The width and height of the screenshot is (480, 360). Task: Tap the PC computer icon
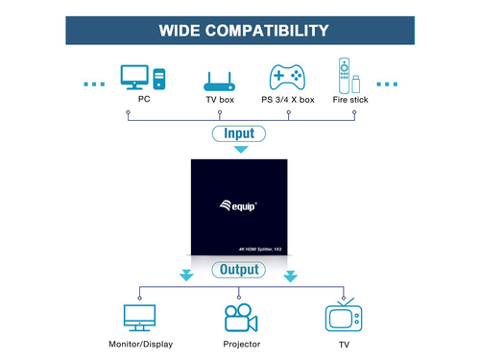point(142,76)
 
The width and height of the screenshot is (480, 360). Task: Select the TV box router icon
point(219,80)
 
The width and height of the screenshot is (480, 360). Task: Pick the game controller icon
point(286,77)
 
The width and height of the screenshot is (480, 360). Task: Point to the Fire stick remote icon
point(348,76)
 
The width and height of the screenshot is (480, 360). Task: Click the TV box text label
point(219,100)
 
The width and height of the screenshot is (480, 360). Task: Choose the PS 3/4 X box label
point(289,100)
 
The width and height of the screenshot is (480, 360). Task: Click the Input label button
point(240,133)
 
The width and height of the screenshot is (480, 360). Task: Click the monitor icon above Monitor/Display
point(140,318)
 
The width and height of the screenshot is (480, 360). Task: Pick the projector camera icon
point(240,318)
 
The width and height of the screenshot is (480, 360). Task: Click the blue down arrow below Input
point(240,149)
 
